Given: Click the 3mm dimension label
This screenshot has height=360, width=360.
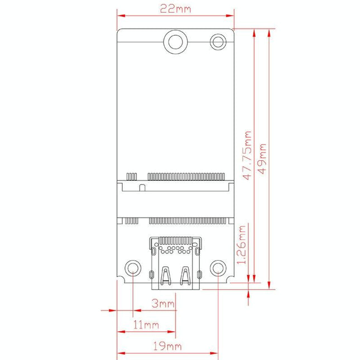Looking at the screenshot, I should point(164,304).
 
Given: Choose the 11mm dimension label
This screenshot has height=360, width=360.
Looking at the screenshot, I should point(146,325).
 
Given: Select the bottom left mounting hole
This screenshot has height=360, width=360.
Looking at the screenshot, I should point(132,268).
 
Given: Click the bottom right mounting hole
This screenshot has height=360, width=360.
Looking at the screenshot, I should point(217,268).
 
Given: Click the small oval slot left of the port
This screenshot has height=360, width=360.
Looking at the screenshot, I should point(151,274).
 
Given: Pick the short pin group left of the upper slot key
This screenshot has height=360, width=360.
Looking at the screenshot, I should point(132,177).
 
